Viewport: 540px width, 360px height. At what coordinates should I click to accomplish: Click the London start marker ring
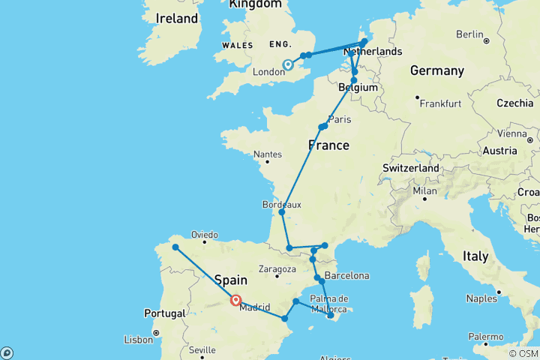pyautogui.click(x=287, y=65)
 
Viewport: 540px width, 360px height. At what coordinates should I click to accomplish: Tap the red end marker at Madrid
pyautogui.click(x=235, y=301)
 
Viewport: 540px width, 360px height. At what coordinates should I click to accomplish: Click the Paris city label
pyautogui.click(x=340, y=119)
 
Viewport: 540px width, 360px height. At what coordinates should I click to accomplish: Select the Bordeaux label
pyautogui.click(x=281, y=204)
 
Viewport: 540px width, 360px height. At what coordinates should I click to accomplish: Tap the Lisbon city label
pyautogui.click(x=138, y=340)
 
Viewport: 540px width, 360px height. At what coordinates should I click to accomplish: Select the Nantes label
pyautogui.click(x=268, y=154)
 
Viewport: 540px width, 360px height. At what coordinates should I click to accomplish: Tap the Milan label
pyautogui.click(x=424, y=191)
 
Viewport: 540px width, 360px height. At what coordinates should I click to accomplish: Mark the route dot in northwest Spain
pyautogui.click(x=175, y=247)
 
